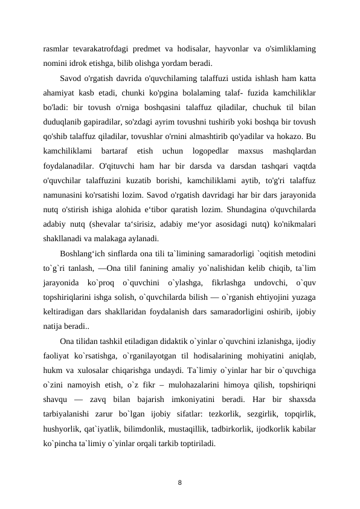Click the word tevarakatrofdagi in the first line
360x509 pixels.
(98, 48)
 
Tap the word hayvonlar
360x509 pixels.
(225, 48)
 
